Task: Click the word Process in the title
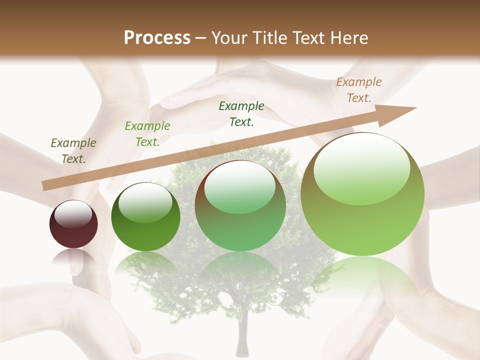click(x=157, y=38)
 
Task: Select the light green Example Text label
click(x=147, y=134)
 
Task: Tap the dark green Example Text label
click(x=241, y=114)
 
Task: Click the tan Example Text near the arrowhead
click(x=358, y=90)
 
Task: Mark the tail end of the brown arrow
click(x=44, y=185)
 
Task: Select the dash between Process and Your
click(x=201, y=38)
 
